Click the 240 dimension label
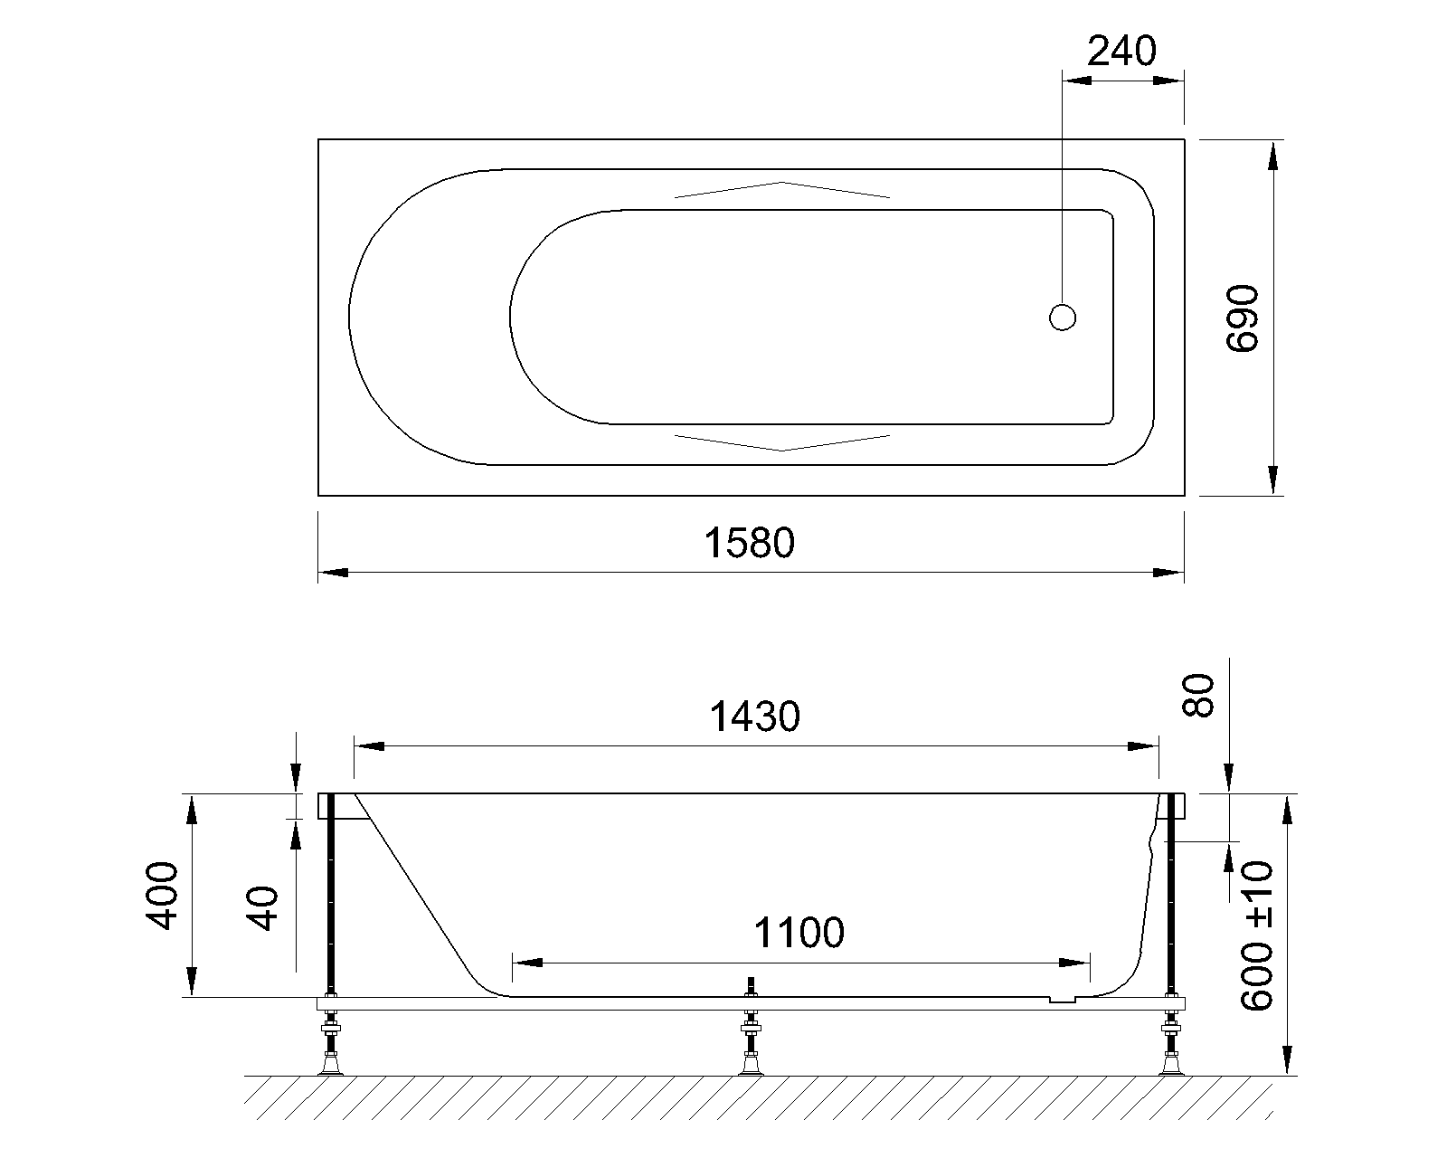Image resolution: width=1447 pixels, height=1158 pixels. (x=1121, y=52)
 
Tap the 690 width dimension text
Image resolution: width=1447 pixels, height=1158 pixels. (x=1242, y=318)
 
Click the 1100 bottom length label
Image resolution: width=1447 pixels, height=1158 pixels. (x=799, y=933)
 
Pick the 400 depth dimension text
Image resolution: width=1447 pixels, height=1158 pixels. (x=162, y=896)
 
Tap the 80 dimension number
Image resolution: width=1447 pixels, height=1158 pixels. (x=1198, y=696)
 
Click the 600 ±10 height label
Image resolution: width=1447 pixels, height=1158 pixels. (x=1257, y=936)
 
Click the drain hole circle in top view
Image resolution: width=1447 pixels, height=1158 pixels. (x=1063, y=318)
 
